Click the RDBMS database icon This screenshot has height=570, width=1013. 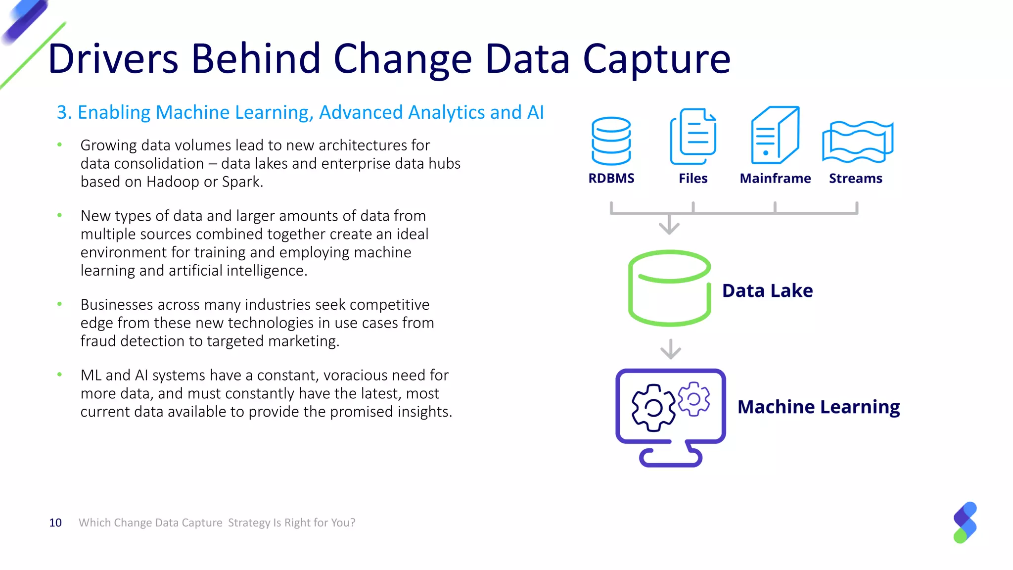(611, 141)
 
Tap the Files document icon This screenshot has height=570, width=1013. (693, 137)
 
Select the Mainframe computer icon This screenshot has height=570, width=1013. (775, 135)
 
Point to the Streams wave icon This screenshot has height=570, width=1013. (857, 142)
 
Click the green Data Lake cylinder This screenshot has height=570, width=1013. (669, 288)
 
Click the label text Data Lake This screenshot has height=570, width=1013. (767, 290)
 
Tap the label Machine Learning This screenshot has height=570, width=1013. (818, 407)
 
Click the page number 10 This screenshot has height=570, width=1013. (55, 523)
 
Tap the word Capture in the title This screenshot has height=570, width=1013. (656, 59)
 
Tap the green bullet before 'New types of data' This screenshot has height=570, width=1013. (59, 215)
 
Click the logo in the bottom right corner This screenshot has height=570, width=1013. (965, 522)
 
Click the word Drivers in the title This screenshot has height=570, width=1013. (113, 59)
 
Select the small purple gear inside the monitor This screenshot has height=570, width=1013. (694, 399)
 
